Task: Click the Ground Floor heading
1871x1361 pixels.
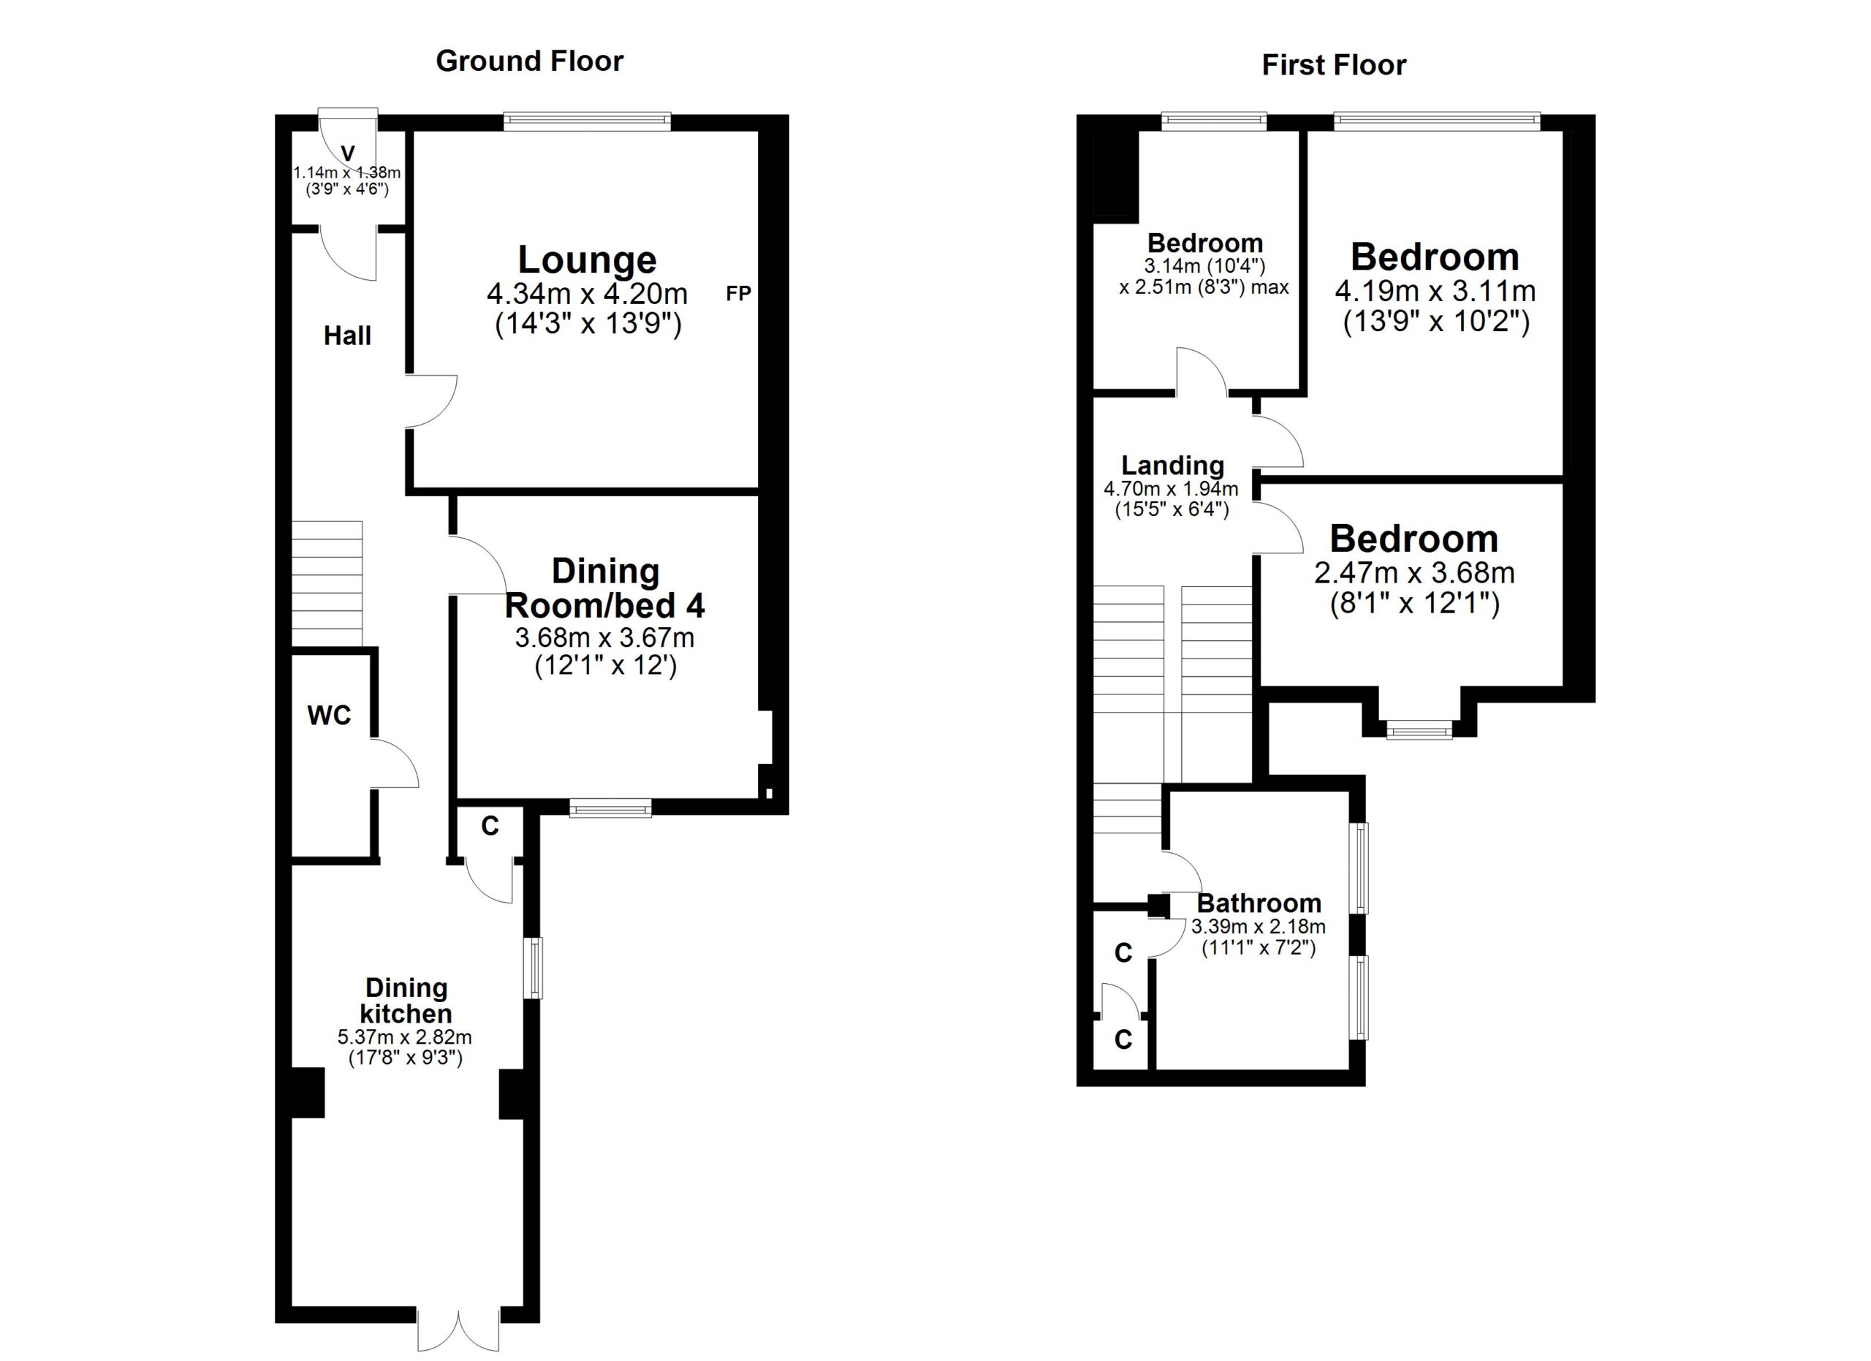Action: click(x=529, y=61)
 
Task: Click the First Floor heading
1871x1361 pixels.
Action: click(x=1334, y=65)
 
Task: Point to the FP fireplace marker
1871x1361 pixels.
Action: click(x=738, y=293)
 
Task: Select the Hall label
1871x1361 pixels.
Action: click(x=347, y=335)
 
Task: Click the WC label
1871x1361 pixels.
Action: click(x=329, y=715)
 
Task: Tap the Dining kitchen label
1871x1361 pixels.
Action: click(x=406, y=1000)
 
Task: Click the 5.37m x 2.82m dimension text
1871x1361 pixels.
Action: click(x=404, y=1037)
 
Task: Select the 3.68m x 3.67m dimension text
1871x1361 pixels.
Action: click(x=604, y=637)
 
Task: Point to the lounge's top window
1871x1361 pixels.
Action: click(x=588, y=122)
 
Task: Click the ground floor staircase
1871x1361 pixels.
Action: click(x=327, y=583)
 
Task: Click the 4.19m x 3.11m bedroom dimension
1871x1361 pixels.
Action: click(x=1435, y=290)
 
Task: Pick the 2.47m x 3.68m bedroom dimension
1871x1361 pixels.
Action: click(x=1414, y=572)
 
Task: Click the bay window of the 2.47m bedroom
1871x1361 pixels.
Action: click(x=1419, y=729)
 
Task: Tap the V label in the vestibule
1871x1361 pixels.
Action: click(x=348, y=153)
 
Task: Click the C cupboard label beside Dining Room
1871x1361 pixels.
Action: click(x=490, y=826)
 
